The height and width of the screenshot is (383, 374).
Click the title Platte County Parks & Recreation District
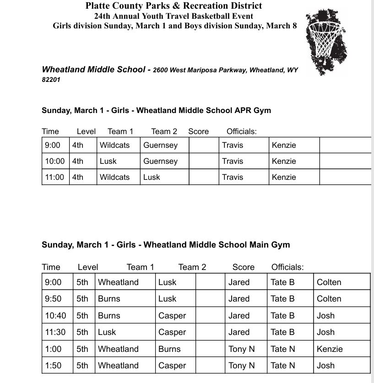click(x=174, y=6)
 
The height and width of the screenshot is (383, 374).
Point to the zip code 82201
click(x=51, y=79)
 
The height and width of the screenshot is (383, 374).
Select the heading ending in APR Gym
click(x=156, y=110)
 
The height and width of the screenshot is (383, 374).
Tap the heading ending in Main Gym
click(x=166, y=245)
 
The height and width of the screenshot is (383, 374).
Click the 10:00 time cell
click(x=55, y=161)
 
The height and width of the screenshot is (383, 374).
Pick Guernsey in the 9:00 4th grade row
click(x=160, y=145)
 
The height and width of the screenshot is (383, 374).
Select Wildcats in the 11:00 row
click(x=114, y=177)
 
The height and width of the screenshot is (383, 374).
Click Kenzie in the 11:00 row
click(x=284, y=177)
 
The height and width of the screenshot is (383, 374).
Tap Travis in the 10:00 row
click(x=233, y=161)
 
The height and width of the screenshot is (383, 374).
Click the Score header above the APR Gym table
click(x=198, y=131)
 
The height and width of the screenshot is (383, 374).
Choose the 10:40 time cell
click(x=55, y=316)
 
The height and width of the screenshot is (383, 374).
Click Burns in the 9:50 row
click(x=109, y=299)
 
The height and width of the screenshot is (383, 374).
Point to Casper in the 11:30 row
click(x=172, y=332)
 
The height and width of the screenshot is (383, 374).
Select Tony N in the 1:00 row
click(x=241, y=349)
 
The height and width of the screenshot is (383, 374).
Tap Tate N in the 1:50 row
click(x=282, y=366)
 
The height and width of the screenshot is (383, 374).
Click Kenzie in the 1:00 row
click(x=330, y=349)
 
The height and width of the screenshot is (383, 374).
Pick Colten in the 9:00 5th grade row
click(x=329, y=282)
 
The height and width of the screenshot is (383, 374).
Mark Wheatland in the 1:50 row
click(x=118, y=366)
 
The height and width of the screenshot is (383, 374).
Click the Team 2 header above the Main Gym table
click(x=192, y=267)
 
